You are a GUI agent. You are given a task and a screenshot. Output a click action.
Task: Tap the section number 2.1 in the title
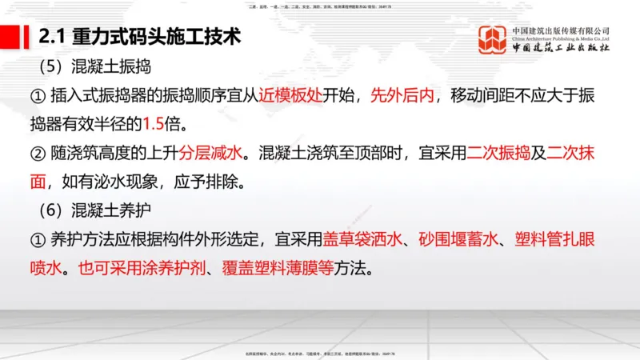[52, 38]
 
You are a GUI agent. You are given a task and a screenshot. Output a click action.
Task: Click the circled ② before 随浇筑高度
[38, 153]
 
